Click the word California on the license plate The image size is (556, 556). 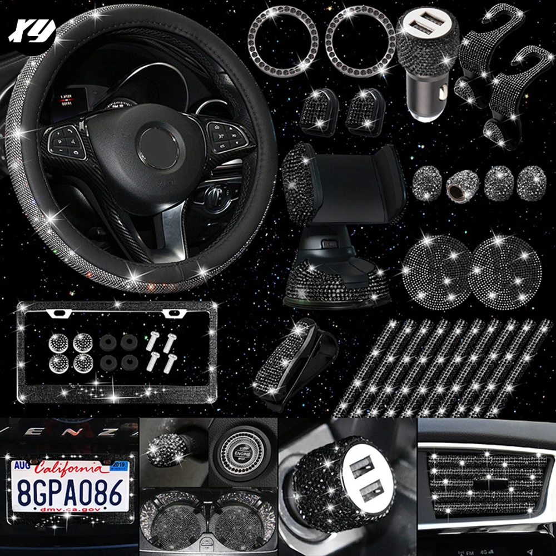(x=68, y=469)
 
